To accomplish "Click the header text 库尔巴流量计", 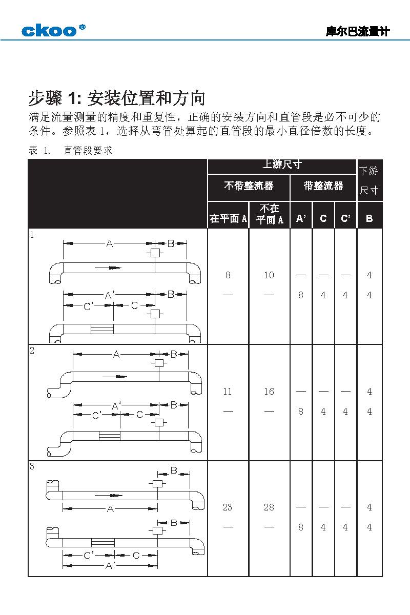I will click(x=358, y=32).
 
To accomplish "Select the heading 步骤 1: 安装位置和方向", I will click(x=117, y=98).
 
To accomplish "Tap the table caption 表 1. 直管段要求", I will click(x=70, y=151).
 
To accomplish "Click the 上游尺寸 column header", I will click(x=282, y=165).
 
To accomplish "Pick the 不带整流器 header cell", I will click(x=249, y=186).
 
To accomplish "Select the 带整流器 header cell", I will click(x=323, y=186).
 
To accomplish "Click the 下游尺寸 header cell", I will click(x=370, y=180).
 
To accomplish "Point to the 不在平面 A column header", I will click(x=270, y=214).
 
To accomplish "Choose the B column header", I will click(x=370, y=219).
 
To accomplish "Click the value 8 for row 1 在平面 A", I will click(x=228, y=275).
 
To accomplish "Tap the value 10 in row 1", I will click(x=269, y=275).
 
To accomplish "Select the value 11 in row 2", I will click(x=228, y=392).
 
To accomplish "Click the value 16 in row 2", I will click(x=269, y=392).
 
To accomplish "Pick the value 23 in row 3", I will click(x=228, y=507).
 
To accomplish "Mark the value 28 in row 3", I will click(x=269, y=507).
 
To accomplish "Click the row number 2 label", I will click(x=32, y=351).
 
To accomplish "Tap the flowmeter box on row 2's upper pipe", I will click(x=159, y=363).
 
